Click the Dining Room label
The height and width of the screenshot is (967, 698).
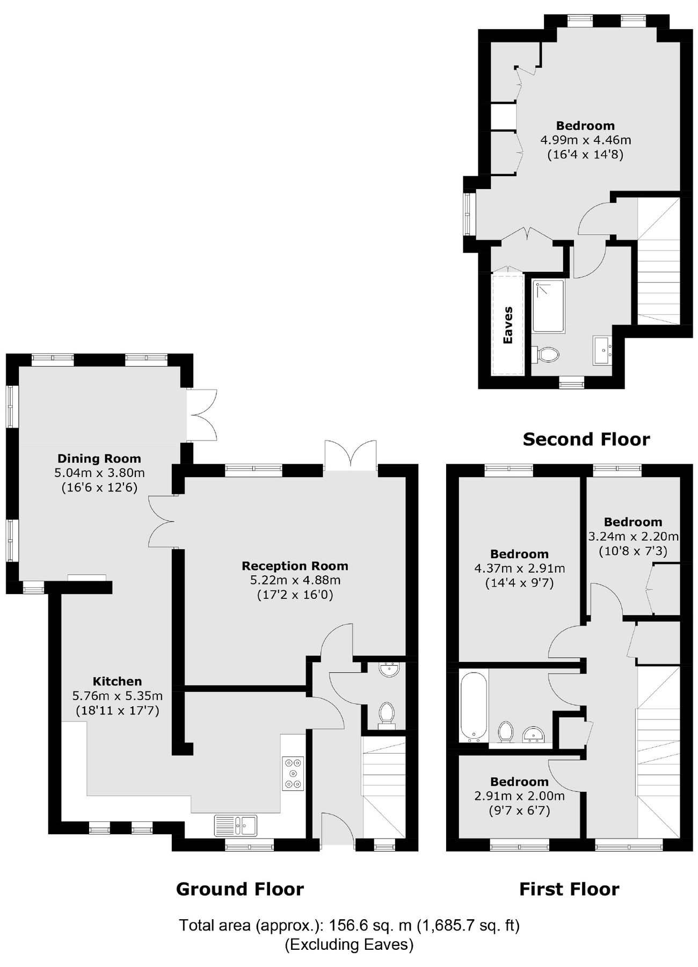coord(99,458)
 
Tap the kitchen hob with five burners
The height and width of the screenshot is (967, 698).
coord(293,773)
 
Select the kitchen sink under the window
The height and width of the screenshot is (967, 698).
coord(236,825)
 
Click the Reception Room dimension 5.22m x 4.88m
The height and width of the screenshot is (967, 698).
coord(295,580)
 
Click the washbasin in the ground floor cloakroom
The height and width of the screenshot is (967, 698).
coord(388,669)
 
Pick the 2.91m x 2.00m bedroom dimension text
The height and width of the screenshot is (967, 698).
coord(519,796)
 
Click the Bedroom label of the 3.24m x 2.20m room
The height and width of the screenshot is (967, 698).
coord(632,522)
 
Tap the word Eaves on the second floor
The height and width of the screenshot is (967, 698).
coord(507,325)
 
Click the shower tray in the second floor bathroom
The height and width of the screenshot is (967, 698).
coord(548,306)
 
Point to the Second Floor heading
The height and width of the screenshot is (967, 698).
coord(586,439)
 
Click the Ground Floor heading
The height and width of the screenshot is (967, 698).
coord(240,889)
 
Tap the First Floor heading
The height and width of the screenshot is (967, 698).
coord(569,889)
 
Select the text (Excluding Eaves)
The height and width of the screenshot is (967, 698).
coord(349,944)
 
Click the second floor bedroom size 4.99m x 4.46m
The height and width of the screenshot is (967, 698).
coord(585,140)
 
